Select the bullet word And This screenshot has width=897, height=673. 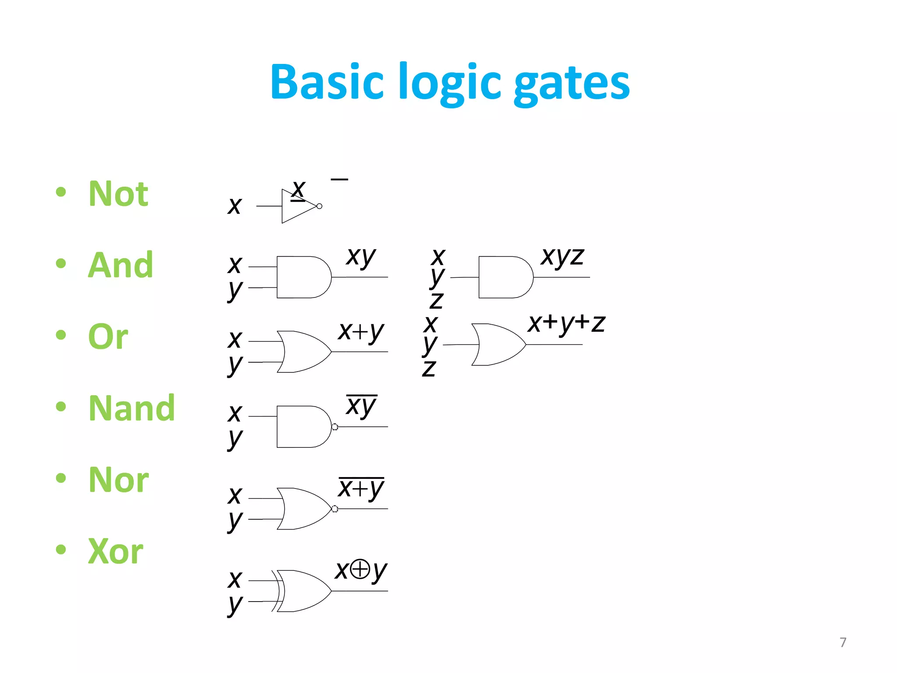point(120,266)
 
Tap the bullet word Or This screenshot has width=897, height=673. point(108,336)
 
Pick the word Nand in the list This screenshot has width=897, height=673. point(131,408)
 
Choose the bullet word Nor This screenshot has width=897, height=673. point(119,480)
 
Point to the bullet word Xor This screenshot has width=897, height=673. point(116,551)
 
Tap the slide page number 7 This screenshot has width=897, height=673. point(843,642)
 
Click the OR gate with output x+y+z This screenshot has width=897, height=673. point(498,345)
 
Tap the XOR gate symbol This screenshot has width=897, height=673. point(302,591)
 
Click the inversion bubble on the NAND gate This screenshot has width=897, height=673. point(335,427)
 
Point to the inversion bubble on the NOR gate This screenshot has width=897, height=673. point(335,509)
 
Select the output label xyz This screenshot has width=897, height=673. point(562,257)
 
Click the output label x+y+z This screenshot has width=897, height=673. point(566,324)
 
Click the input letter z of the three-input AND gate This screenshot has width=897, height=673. point(436,301)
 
